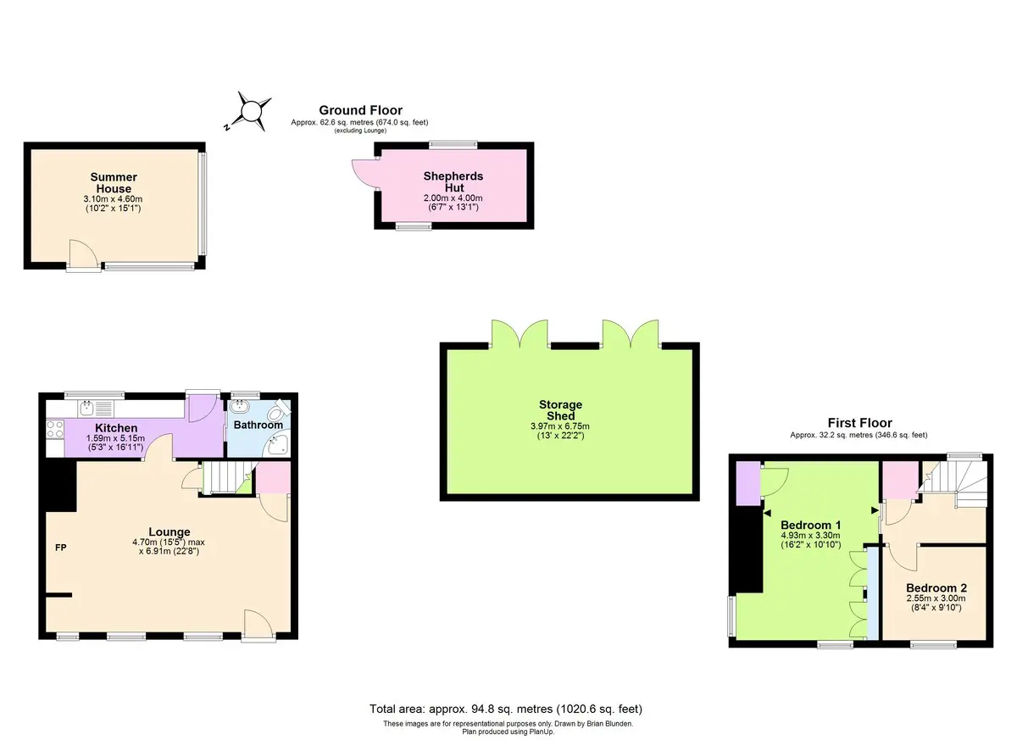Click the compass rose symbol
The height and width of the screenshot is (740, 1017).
(x=250, y=112)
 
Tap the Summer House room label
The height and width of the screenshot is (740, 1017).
(x=114, y=182)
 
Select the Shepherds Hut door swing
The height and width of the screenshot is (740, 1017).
(x=365, y=174)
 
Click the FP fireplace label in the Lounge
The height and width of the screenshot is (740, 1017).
(x=61, y=548)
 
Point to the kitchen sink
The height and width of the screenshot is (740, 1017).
(x=86, y=408)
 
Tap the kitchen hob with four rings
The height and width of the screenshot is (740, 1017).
(x=55, y=429)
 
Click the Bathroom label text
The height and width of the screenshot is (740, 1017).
(x=258, y=425)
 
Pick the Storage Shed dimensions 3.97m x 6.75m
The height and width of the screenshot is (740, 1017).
(x=560, y=426)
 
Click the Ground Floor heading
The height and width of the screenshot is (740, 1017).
(x=360, y=110)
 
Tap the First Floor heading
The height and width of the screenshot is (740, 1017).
(x=859, y=423)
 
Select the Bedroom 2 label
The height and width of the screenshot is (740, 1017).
(x=936, y=587)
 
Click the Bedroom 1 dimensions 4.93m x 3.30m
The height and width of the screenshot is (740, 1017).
(x=810, y=535)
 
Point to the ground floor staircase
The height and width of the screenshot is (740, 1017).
(x=225, y=477)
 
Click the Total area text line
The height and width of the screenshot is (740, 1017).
(x=506, y=709)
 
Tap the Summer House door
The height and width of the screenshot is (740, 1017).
(x=83, y=256)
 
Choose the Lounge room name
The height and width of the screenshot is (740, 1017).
(x=169, y=531)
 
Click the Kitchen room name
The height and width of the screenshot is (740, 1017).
(x=116, y=428)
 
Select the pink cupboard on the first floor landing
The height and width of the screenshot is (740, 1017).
(x=902, y=481)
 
